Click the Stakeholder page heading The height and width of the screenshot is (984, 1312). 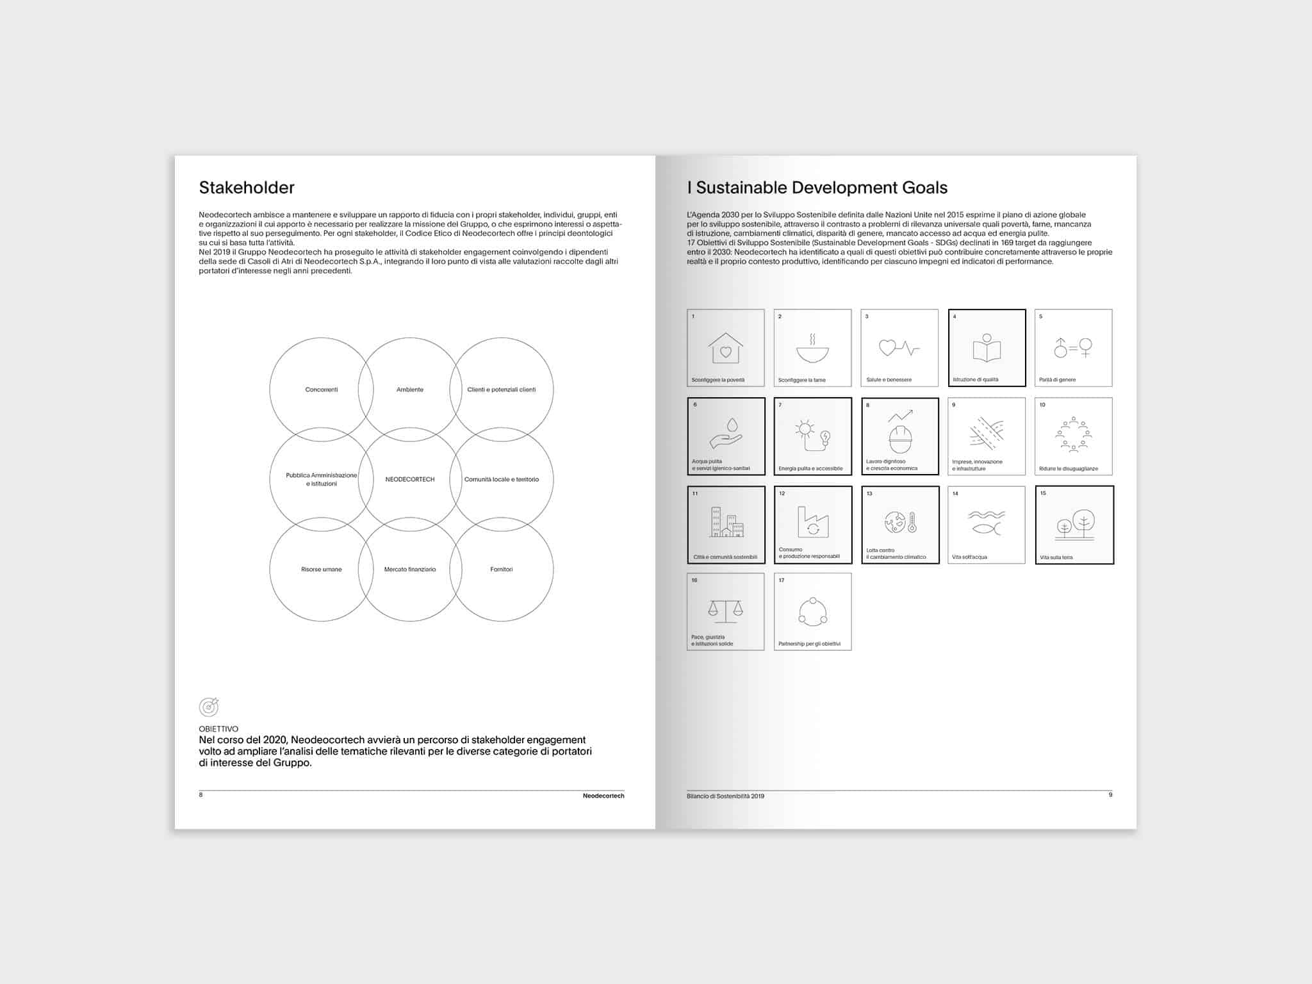[x=247, y=188]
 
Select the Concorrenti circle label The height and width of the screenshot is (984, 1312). [x=322, y=389]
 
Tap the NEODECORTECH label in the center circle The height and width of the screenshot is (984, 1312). [x=410, y=479]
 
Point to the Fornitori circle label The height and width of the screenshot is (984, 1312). [x=501, y=570]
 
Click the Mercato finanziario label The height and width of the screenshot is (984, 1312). [x=410, y=570]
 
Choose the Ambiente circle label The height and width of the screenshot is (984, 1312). [x=410, y=389]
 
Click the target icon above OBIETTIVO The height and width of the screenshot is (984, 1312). [x=209, y=707]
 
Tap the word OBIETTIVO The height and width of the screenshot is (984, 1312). [x=218, y=729]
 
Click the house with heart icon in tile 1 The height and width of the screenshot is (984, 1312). [x=725, y=348]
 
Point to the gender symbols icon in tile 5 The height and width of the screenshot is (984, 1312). [x=1073, y=348]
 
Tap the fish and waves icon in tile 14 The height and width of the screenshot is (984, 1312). [x=987, y=522]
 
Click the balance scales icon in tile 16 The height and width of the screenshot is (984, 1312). [x=725, y=611]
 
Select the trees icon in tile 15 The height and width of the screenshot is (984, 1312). [x=1074, y=525]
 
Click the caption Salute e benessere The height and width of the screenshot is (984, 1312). [x=889, y=380]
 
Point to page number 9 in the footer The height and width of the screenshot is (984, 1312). [x=1110, y=795]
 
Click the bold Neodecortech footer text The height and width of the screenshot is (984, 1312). [x=603, y=796]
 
